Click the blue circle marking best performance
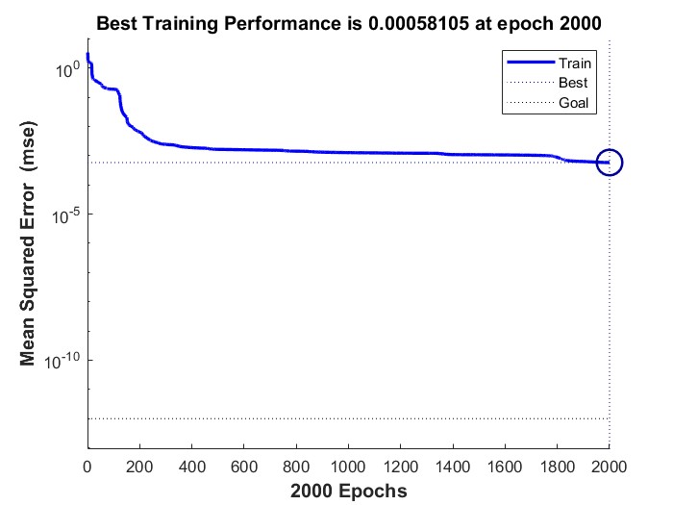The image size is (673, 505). pyautogui.click(x=610, y=163)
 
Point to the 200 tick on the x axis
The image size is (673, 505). pyautogui.click(x=140, y=467)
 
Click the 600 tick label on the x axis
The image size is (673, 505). pyautogui.click(x=244, y=467)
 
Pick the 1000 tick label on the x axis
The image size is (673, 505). pyautogui.click(x=349, y=467)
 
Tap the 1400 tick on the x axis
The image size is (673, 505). pyautogui.click(x=453, y=467)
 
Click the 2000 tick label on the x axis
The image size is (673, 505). pyautogui.click(x=609, y=467)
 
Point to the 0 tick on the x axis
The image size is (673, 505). pyautogui.click(x=88, y=467)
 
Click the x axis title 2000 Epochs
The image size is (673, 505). pyautogui.click(x=348, y=491)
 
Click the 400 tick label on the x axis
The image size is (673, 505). pyautogui.click(x=192, y=467)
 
